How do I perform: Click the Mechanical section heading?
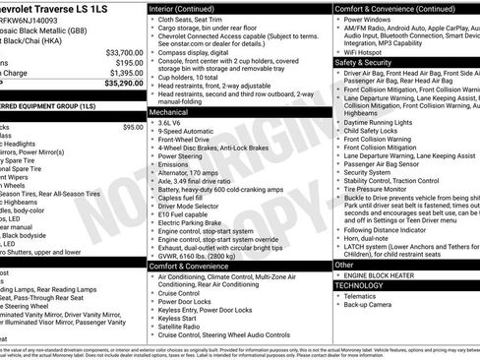click(170, 113)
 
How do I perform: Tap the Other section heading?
click(344, 264)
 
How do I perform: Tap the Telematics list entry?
click(363, 294)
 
